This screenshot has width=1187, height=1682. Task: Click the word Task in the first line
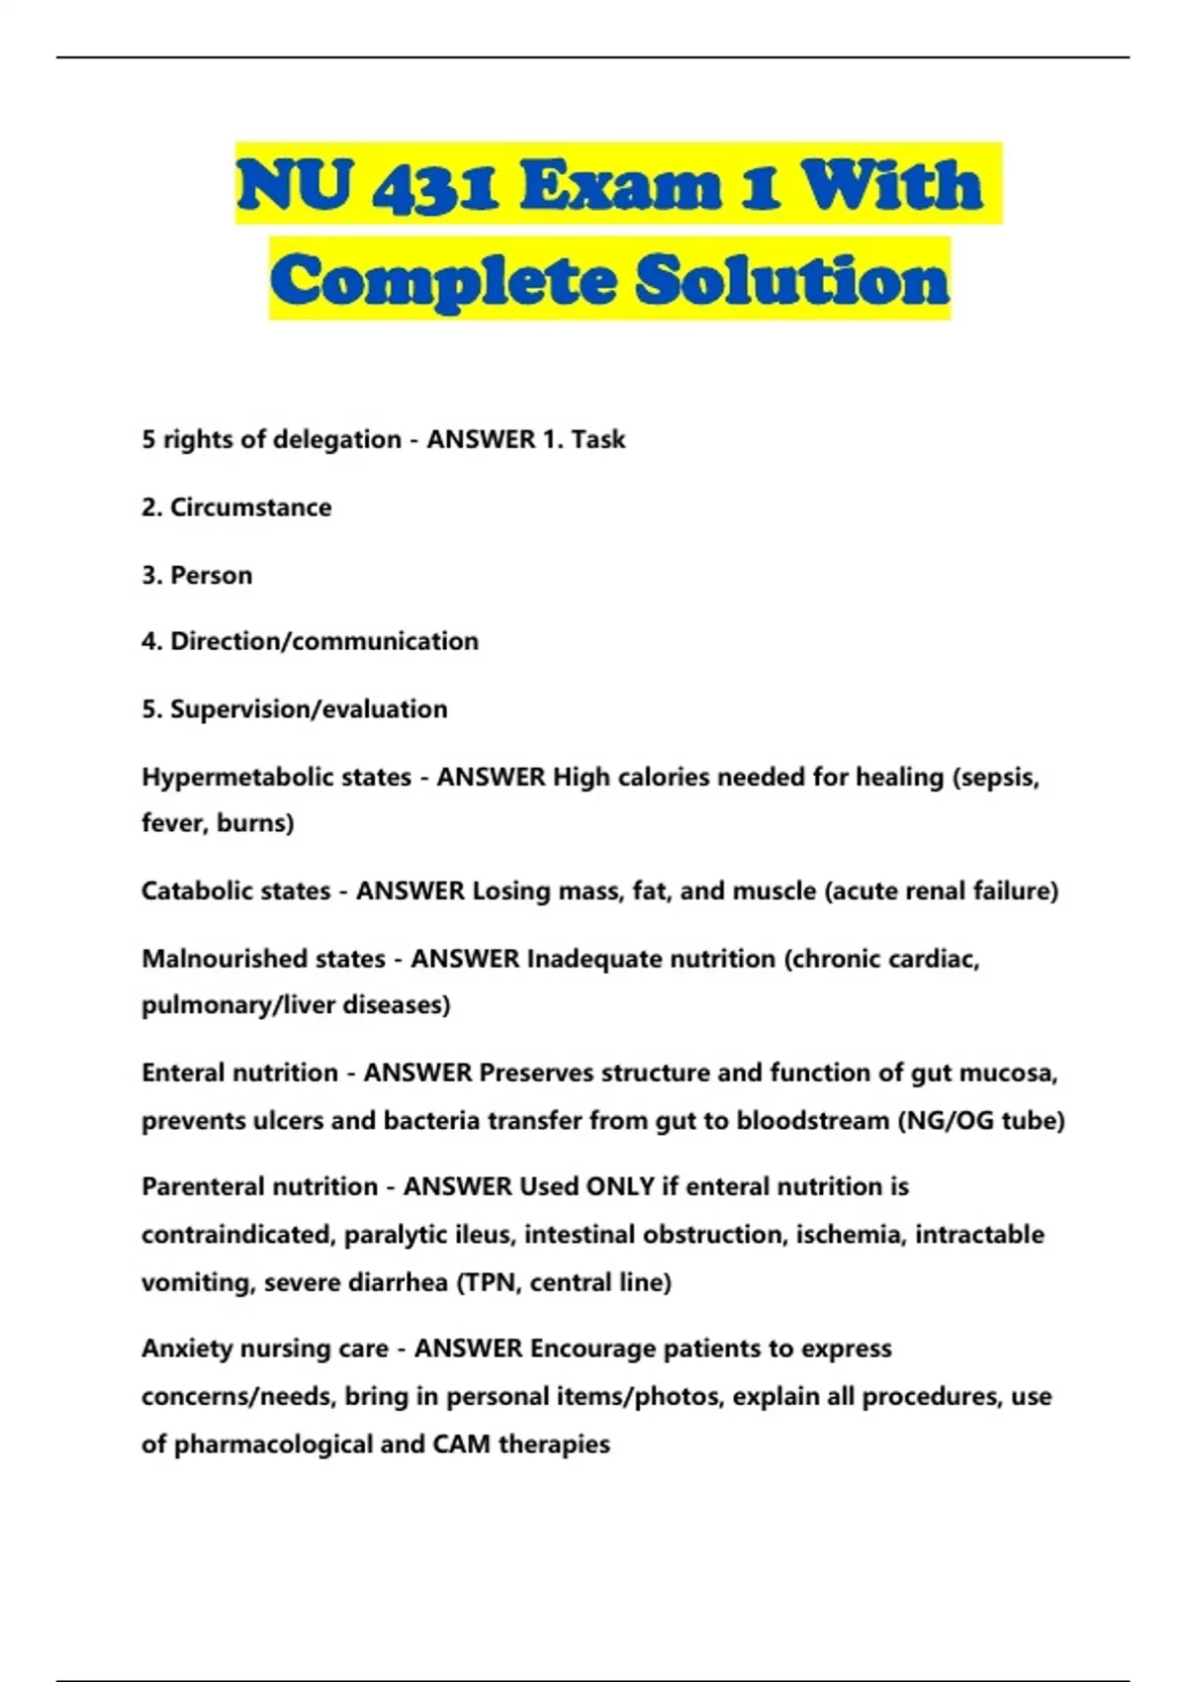click(x=597, y=439)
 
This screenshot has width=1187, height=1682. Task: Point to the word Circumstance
click(x=250, y=508)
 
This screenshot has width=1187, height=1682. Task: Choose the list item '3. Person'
click(x=197, y=575)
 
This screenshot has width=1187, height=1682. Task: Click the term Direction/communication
click(x=324, y=641)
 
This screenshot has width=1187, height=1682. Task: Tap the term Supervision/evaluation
click(x=309, y=709)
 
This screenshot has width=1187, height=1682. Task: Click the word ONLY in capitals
click(x=620, y=1186)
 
